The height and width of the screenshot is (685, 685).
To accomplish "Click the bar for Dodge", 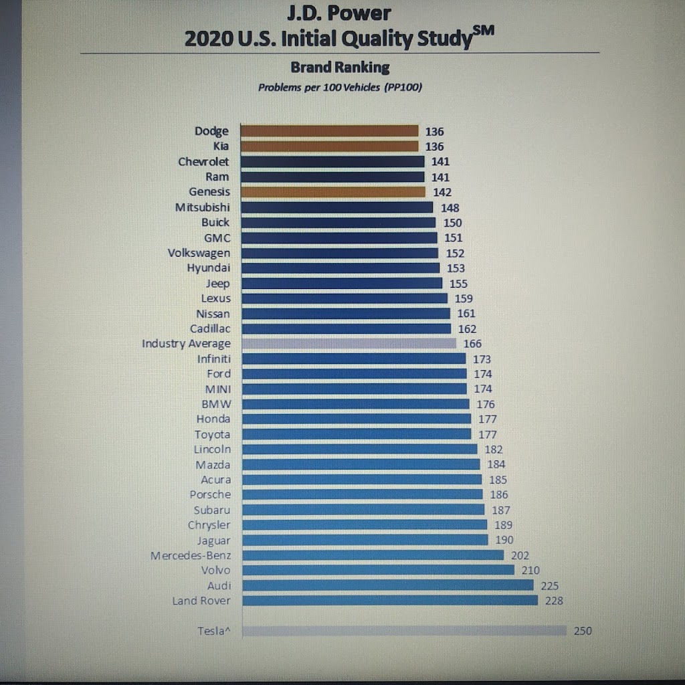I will coord(329,131).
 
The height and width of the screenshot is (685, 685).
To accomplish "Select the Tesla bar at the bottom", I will coord(404,630).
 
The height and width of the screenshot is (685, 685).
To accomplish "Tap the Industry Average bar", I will coord(348,343).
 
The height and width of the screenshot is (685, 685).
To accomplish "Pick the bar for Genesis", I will coord(332,192).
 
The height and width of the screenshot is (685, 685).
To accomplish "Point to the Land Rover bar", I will coord(389,600).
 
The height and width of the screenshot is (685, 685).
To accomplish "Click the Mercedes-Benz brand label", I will coord(191,555).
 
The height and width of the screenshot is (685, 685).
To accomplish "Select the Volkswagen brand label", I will coord(199,253).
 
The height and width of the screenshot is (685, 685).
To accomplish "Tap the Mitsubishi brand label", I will coord(202,207).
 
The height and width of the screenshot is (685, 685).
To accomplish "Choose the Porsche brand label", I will coord(209,494).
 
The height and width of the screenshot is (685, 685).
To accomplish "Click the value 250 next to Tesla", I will coord(583,630).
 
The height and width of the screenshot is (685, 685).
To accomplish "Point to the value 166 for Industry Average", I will coord(472,344).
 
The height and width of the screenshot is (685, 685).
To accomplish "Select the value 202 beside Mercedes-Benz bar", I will coord(520,555).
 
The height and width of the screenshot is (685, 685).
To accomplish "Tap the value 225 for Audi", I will coord(549,586).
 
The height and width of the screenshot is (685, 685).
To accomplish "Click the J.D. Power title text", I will coord(338,13).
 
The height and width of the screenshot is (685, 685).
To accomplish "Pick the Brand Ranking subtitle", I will coord(340,67).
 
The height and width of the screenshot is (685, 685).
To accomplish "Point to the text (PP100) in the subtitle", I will coord(403,87).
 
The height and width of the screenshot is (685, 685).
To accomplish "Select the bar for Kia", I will coord(329,146).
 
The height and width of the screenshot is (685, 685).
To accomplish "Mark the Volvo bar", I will coord(378,570).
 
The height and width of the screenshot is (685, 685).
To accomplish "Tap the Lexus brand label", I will coord(215,298).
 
